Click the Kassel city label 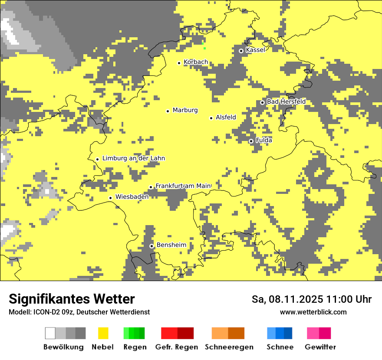point(255,50)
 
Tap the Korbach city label point(195,62)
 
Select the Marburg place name point(185,110)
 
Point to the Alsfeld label point(226,117)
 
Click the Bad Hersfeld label point(286,101)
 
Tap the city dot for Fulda point(251,141)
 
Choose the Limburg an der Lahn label point(133,158)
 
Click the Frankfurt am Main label point(183,186)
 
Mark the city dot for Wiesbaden point(111,198)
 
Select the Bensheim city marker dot point(151,246)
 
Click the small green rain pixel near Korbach point(203,45)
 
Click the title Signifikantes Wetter point(72,299)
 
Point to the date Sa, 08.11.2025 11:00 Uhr point(311,299)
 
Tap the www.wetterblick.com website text point(313,312)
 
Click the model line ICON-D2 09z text point(79,312)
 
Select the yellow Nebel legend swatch point(103,333)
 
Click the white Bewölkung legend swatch point(50,333)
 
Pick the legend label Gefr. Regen point(176,347)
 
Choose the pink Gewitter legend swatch point(313,333)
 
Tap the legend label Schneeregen point(229,347)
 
